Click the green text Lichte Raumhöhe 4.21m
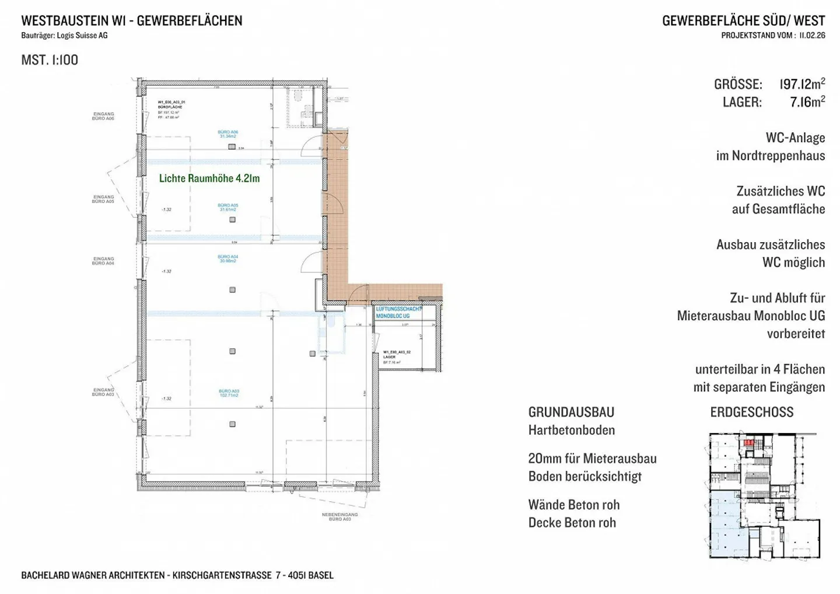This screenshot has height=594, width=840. pyautogui.click(x=209, y=179)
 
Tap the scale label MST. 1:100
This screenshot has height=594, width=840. pyautogui.click(x=50, y=60)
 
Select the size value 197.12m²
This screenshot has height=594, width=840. pyautogui.click(x=802, y=84)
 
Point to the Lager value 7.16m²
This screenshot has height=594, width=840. pyautogui.click(x=807, y=102)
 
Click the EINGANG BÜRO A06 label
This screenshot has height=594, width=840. pyautogui.click(x=103, y=116)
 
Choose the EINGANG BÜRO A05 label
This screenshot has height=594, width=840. pyautogui.click(x=103, y=199)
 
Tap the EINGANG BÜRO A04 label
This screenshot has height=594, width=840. pyautogui.click(x=103, y=261)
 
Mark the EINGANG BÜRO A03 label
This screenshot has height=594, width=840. pyautogui.click(x=103, y=392)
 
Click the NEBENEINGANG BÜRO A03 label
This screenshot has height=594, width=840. pyautogui.click(x=339, y=516)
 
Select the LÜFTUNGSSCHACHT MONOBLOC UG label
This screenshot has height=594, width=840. pyautogui.click(x=398, y=312)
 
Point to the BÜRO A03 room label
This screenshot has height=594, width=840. pyautogui.click(x=229, y=393)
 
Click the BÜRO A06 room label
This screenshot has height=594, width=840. pyautogui.click(x=228, y=134)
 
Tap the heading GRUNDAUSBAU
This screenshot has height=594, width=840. pyautogui.click(x=571, y=412)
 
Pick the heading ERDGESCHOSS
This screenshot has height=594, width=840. pyautogui.click(x=751, y=412)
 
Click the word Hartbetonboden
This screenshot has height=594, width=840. pyautogui.click(x=571, y=430)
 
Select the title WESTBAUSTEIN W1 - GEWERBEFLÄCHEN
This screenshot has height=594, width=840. pyautogui.click(x=131, y=20)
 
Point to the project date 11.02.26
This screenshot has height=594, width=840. pyautogui.click(x=812, y=36)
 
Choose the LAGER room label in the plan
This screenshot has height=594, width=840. pyautogui.click(x=389, y=357)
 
